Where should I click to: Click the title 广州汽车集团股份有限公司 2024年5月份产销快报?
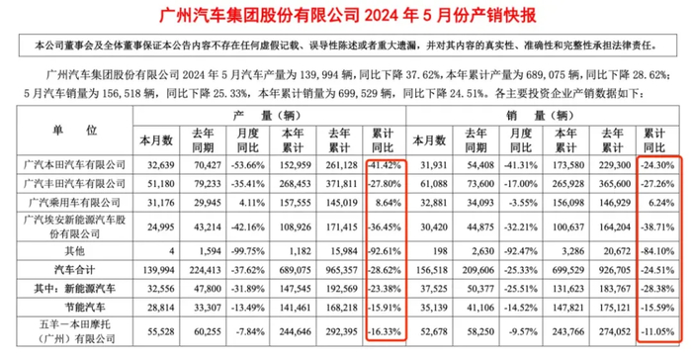coord(346,15)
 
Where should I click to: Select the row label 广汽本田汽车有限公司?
coord(76,163)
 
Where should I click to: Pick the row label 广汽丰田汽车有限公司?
coord(76,183)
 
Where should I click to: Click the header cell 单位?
coord(75,131)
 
